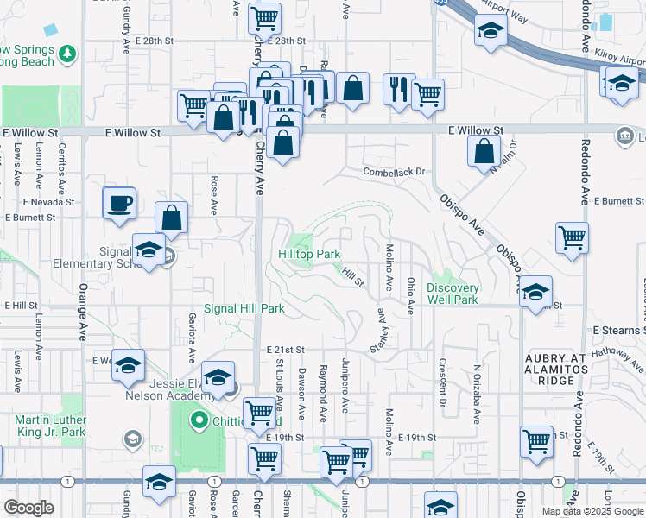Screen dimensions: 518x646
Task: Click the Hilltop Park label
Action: click(x=309, y=255)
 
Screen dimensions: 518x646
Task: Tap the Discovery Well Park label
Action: click(x=452, y=294)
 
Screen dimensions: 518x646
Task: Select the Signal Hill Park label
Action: click(x=244, y=308)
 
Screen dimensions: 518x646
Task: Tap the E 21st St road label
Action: click(x=285, y=349)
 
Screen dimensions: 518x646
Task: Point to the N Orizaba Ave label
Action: click(x=475, y=393)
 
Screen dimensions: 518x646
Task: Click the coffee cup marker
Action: click(x=119, y=204)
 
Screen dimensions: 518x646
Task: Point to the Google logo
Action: click(x=28, y=508)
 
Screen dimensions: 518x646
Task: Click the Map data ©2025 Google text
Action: click(x=592, y=511)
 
